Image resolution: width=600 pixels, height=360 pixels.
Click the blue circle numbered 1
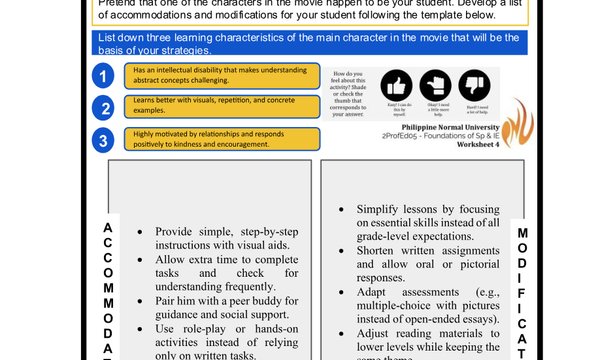pos(102,76)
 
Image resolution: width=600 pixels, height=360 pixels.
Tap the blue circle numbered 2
pos(102,108)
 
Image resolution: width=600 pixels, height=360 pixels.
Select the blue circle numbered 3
pos(102,140)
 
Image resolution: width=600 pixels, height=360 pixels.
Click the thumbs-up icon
pos(397,85)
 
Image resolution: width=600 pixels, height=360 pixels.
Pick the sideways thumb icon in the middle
pos(435,85)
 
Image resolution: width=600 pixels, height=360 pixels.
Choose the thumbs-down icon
pos(472,85)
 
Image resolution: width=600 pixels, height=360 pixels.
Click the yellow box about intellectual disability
pos(222,75)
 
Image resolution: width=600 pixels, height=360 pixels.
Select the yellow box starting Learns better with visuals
pos(222,107)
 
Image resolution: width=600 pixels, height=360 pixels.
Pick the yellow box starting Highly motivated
pos(222,139)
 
